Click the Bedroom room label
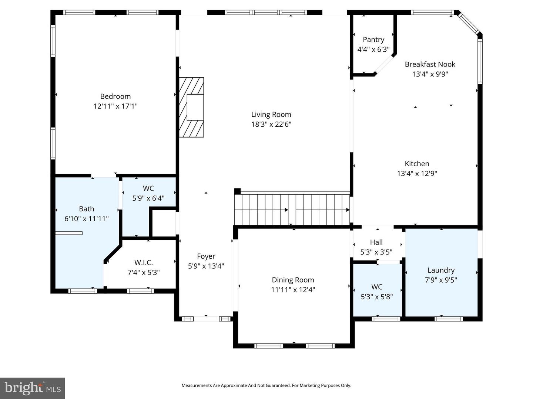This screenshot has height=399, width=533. click(x=115, y=96)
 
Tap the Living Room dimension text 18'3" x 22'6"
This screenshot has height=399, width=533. click(x=271, y=125)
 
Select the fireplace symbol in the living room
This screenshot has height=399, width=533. click(x=192, y=107)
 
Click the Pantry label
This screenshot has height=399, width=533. click(x=373, y=40)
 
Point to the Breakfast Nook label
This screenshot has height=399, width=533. click(x=430, y=64)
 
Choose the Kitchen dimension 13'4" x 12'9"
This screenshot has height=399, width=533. click(x=417, y=174)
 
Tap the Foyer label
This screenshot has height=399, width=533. click(x=206, y=256)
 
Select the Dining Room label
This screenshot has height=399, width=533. click(x=293, y=280)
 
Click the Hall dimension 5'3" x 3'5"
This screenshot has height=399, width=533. click(x=376, y=252)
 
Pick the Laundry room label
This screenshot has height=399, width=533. click(x=441, y=270)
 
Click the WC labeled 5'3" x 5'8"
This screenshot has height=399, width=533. click(x=376, y=287)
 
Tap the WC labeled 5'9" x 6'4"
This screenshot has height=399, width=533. click(x=148, y=188)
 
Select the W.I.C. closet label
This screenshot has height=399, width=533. click(x=143, y=263)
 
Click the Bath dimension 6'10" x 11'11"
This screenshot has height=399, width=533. click(x=86, y=219)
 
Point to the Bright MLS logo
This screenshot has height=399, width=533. click(x=33, y=388)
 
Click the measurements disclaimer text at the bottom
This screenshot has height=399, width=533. click(x=266, y=386)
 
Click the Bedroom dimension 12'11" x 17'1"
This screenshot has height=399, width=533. click(x=115, y=106)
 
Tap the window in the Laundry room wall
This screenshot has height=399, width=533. click(x=448, y=319)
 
